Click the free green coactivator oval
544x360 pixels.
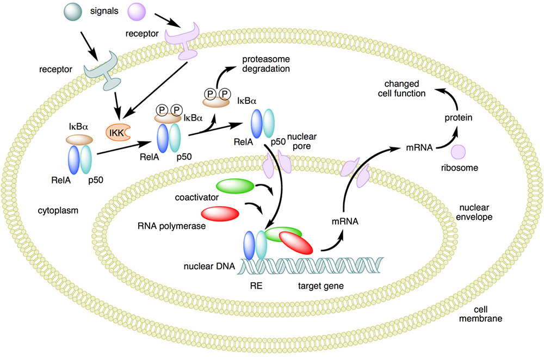[235, 187]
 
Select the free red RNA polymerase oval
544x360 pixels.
[220, 213]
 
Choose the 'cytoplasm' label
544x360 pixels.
[55, 209]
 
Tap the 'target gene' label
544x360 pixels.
[318, 284]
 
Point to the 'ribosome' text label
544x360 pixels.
[459, 169]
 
